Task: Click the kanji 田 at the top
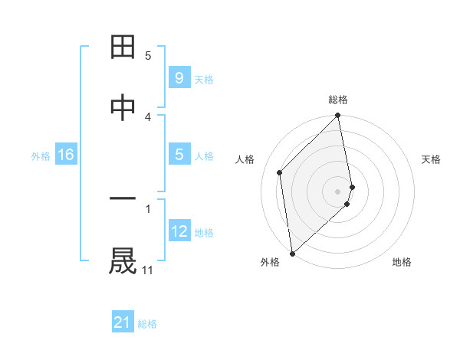(123, 47)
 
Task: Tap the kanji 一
(123, 199)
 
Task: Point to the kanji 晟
(123, 260)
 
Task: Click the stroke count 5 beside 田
(148, 56)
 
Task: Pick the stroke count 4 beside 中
(148, 116)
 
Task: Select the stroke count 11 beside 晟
(148, 270)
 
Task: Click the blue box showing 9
(179, 77)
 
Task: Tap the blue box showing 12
(179, 231)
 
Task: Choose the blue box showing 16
(66, 155)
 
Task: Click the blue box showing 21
(123, 322)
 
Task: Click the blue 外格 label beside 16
(41, 156)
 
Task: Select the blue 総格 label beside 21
(147, 324)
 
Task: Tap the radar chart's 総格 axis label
(338, 100)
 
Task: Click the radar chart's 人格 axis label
(245, 159)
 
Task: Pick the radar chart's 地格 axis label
(402, 262)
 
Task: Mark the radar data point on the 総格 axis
(338, 116)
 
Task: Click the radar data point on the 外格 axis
(292, 254)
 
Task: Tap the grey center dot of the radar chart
(338, 191)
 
